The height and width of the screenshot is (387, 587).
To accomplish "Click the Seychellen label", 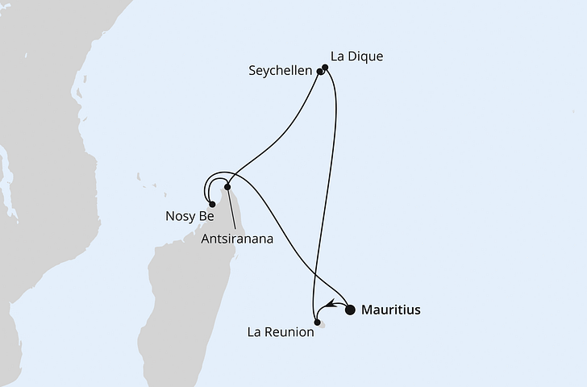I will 281,72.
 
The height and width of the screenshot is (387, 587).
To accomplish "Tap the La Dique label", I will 356,57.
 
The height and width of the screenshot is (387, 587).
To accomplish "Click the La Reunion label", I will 280,331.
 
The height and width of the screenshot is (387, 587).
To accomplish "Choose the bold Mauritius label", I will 391,310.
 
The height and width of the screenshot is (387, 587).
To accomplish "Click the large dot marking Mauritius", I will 351,309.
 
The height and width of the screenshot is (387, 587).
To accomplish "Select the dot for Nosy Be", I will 212,205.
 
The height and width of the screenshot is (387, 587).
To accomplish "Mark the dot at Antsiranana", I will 227,188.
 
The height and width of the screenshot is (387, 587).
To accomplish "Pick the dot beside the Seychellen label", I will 320,72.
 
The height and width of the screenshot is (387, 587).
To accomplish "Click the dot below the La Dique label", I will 325,68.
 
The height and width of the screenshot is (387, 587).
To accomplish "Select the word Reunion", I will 290,331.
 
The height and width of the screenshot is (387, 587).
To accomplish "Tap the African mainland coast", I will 48,121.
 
